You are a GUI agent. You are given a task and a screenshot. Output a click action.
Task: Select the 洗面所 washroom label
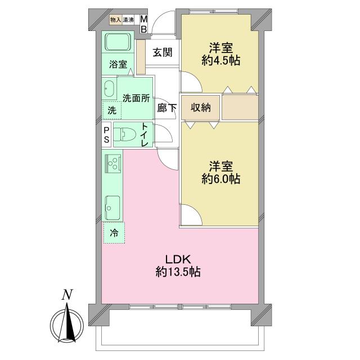click(x=136, y=97)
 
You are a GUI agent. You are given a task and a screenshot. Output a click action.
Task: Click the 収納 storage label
click(x=200, y=107)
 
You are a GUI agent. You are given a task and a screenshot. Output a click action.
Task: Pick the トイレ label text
click(x=145, y=134)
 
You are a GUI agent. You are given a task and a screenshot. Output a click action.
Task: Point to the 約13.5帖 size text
click(x=178, y=272)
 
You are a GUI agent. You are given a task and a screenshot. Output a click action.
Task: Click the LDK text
click(x=178, y=259)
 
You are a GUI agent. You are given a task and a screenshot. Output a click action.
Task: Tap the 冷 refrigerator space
click(x=114, y=233)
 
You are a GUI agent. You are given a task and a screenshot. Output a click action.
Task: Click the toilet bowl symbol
click(x=125, y=135)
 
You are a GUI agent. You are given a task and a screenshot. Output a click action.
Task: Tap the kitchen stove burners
click(x=113, y=163)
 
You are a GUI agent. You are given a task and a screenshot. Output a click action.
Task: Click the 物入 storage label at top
click(x=115, y=20)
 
